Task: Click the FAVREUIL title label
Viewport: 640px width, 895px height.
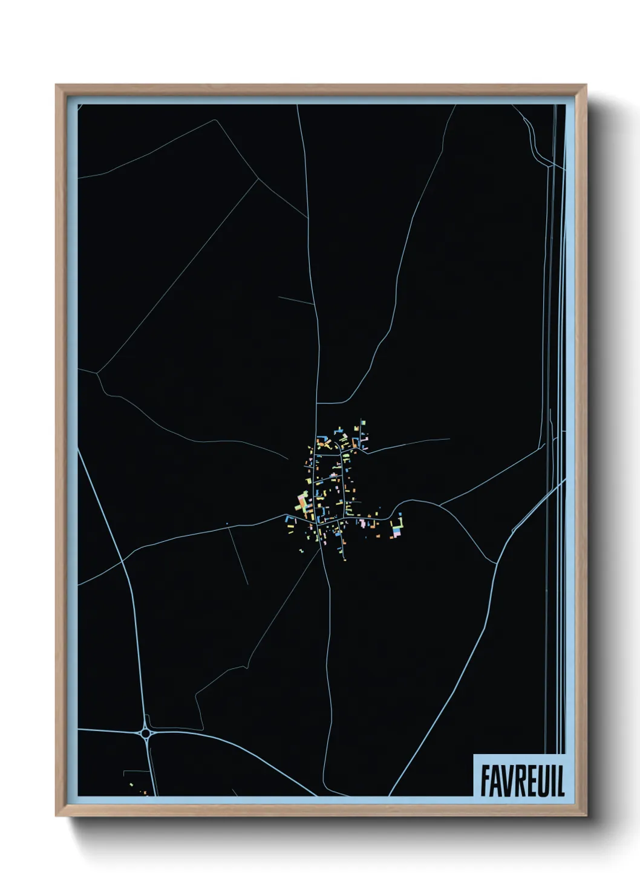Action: (x=522, y=781)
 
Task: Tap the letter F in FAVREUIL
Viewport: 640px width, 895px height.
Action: (x=485, y=781)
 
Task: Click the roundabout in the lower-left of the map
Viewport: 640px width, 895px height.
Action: (x=146, y=734)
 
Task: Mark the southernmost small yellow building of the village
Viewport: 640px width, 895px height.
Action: (x=344, y=557)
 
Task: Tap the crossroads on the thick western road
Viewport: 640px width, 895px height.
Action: (x=123, y=561)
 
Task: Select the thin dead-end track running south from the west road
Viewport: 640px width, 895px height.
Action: (x=238, y=556)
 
